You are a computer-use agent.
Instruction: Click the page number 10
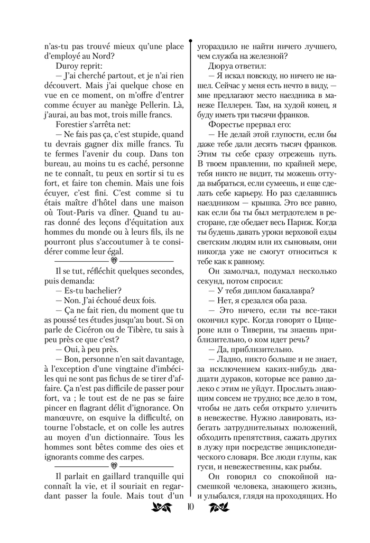pos(190,509)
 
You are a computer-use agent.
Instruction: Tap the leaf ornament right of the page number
pos(218,509)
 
